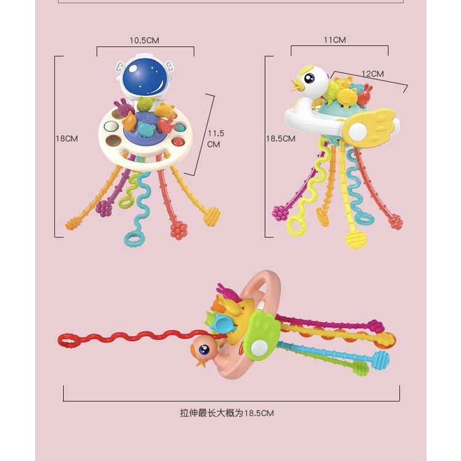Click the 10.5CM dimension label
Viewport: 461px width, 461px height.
click(144, 41)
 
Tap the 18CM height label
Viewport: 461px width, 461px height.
click(67, 139)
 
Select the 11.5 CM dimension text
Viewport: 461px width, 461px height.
click(214, 138)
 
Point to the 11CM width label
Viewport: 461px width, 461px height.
click(334, 40)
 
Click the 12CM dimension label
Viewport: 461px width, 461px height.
click(372, 74)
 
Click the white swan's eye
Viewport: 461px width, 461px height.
click(310, 78)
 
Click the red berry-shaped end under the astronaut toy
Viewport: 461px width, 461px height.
click(179, 230)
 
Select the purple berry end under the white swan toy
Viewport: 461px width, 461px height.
click(280, 213)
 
